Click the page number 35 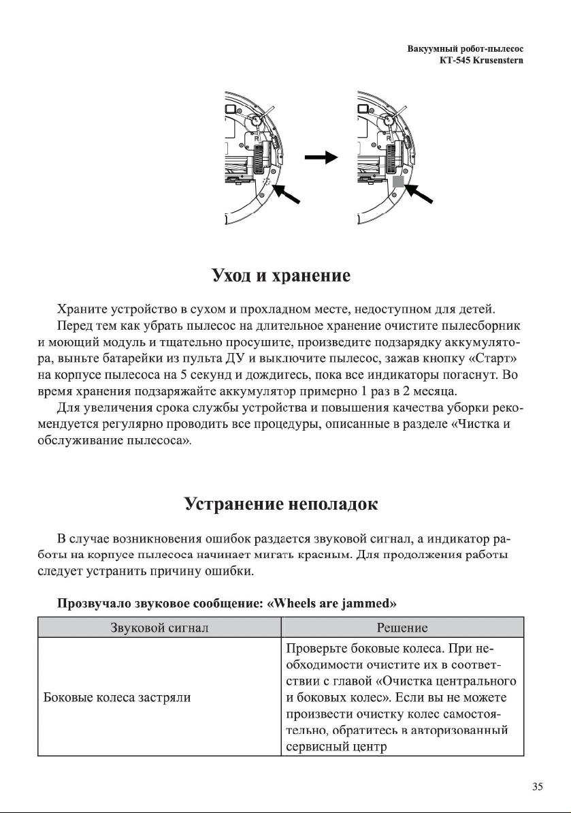(x=537, y=787)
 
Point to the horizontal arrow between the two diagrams (x=321, y=157)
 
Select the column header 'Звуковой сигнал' (x=159, y=627)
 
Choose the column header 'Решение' (x=402, y=627)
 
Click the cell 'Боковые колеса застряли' (x=117, y=697)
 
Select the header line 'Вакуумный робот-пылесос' (x=469, y=50)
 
